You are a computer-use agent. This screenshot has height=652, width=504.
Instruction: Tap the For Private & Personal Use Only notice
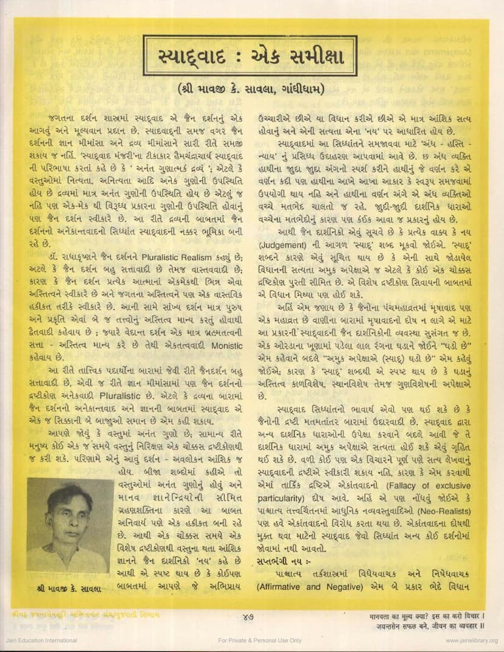click(260, 640)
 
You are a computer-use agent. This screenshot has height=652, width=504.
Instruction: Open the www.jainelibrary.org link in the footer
click(471, 640)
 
